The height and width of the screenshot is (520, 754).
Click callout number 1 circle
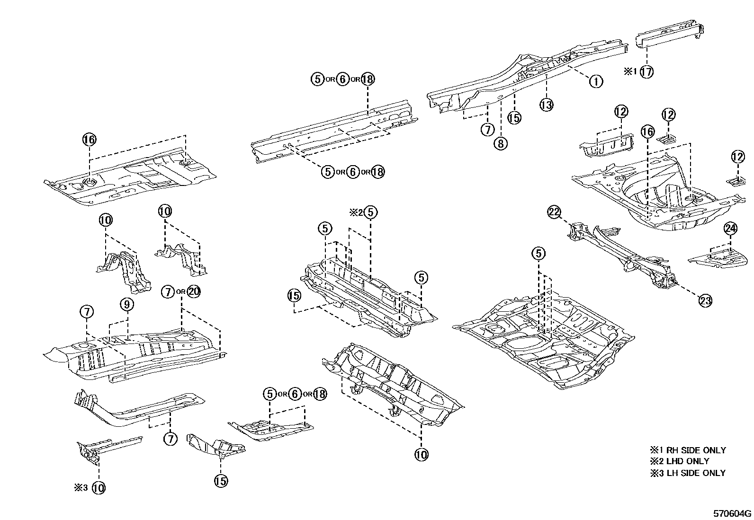tap(596, 81)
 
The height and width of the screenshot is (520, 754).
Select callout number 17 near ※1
tap(646, 72)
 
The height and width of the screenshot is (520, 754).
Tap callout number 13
tap(547, 105)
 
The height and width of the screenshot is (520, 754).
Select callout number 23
tap(705, 300)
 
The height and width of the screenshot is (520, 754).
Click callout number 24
tap(731, 229)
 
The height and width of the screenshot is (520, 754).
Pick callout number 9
tap(127, 305)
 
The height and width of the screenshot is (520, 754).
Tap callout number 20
tap(194, 291)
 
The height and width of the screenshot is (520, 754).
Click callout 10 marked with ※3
tap(98, 488)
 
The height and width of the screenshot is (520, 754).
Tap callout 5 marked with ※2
tap(371, 212)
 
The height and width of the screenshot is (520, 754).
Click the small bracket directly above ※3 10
tap(107, 447)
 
